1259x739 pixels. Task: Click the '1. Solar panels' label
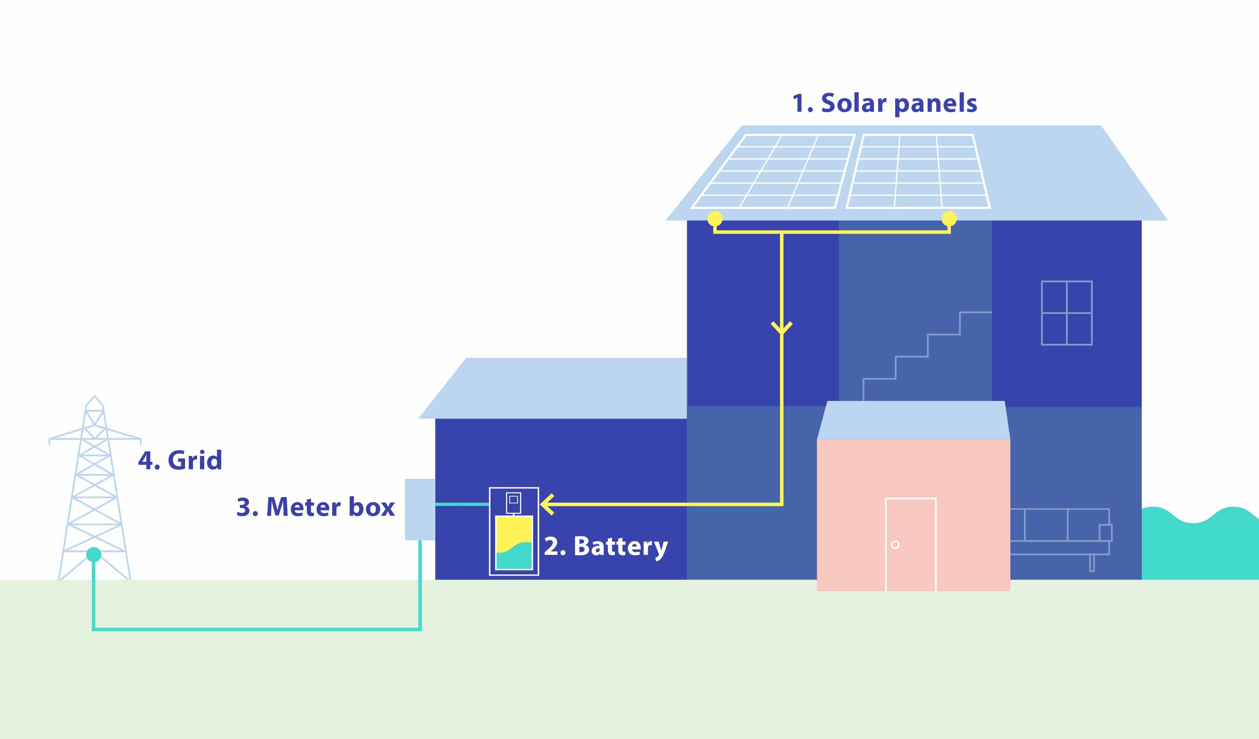click(884, 104)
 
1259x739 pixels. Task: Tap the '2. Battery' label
click(605, 546)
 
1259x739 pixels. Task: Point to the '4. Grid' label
click(180, 460)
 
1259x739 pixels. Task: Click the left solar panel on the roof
click(773, 171)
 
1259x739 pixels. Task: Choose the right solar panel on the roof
click(918, 171)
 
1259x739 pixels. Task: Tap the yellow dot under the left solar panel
click(715, 218)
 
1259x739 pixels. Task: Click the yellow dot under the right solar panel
click(949, 218)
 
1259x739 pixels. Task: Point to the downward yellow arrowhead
click(782, 328)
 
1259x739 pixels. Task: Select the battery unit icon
click(514, 531)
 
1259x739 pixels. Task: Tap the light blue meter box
click(420, 509)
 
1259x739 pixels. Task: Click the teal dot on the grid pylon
click(94, 554)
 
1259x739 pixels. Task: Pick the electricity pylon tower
click(94, 488)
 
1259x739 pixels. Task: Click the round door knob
click(895, 545)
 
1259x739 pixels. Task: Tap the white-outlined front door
click(911, 544)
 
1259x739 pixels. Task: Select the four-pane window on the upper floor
click(1066, 313)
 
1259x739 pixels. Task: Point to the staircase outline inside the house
click(928, 356)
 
